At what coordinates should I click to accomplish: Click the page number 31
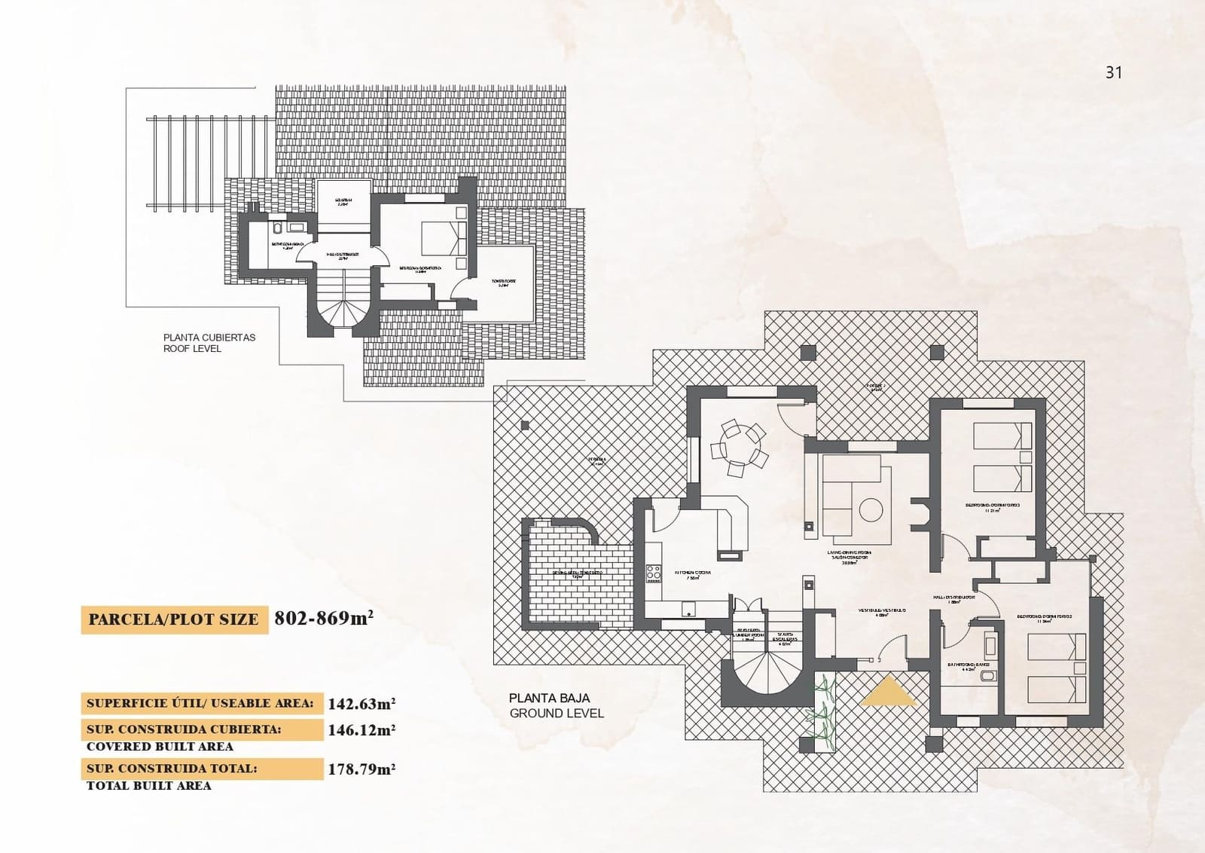(1113, 72)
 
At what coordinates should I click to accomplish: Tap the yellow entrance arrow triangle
(889, 692)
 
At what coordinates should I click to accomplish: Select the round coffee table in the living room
(871, 510)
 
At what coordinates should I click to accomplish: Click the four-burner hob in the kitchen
(654, 572)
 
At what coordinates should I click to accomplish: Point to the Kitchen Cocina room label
(692, 573)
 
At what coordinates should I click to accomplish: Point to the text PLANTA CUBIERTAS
(209, 338)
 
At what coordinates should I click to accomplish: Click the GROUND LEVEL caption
(557, 713)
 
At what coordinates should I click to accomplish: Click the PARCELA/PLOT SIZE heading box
(174, 619)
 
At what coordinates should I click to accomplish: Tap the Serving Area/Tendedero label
(578, 573)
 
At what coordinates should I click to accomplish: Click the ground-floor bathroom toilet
(987, 677)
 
